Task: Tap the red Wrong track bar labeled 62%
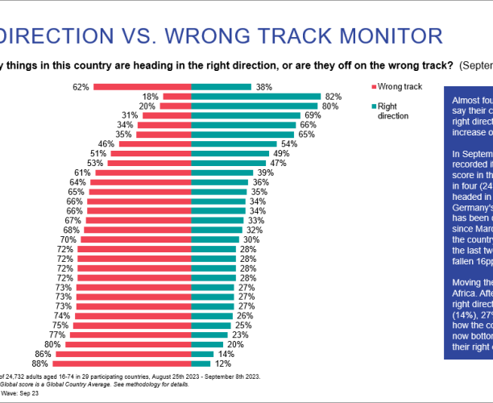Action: (x=142, y=85)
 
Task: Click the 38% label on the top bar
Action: (x=263, y=85)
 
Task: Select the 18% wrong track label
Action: (x=149, y=96)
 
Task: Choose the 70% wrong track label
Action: (x=67, y=239)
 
